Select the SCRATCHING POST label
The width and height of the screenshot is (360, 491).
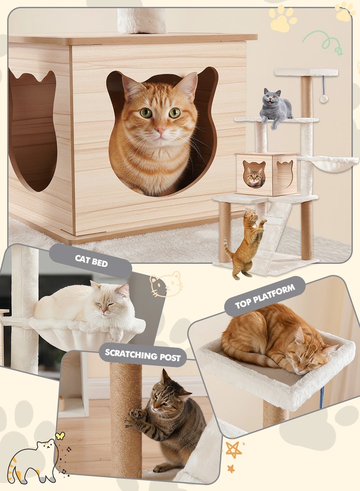click(143, 355)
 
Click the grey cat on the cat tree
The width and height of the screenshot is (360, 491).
click(275, 107)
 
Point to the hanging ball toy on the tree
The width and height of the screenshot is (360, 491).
click(324, 99)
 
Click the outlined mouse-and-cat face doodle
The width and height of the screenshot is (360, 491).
click(165, 284)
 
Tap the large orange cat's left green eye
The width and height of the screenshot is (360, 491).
click(146, 113)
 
